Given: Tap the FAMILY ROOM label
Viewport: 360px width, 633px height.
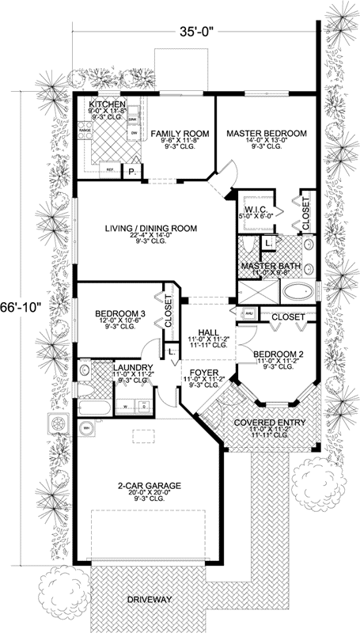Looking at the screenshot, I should click(180, 135).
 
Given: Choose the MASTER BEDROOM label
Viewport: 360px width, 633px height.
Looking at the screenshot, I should click(266, 135).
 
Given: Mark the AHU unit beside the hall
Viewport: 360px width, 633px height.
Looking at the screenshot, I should click(248, 315).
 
